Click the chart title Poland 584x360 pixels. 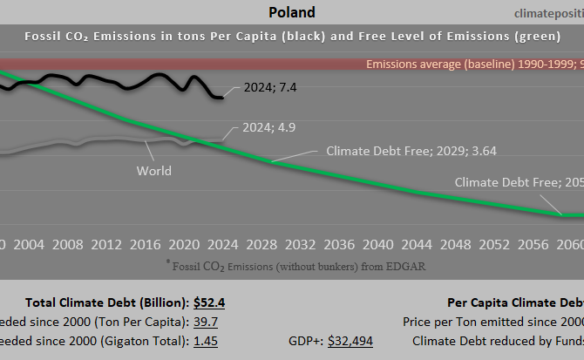tap(292, 12)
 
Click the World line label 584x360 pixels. tap(153, 170)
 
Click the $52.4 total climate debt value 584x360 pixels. tap(210, 302)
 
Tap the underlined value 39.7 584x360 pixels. tap(206, 322)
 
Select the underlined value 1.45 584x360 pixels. tap(206, 341)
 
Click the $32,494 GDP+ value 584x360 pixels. tap(350, 341)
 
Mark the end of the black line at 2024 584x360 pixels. tap(223, 97)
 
